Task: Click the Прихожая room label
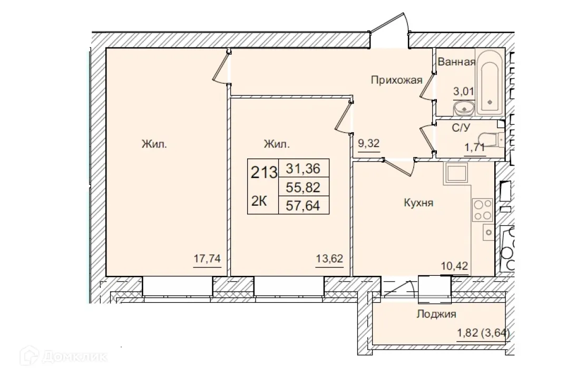(x=397, y=80)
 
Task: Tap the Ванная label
(x=456, y=62)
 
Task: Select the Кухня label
(x=418, y=202)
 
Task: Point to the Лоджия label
(x=436, y=314)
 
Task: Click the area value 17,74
(x=207, y=259)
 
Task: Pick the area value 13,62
(x=329, y=259)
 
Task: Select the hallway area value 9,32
(x=369, y=143)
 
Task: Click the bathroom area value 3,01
(x=464, y=91)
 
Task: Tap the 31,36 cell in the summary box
(x=304, y=168)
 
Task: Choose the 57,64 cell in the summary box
(x=304, y=204)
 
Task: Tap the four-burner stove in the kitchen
(x=482, y=210)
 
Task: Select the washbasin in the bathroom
(x=464, y=108)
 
